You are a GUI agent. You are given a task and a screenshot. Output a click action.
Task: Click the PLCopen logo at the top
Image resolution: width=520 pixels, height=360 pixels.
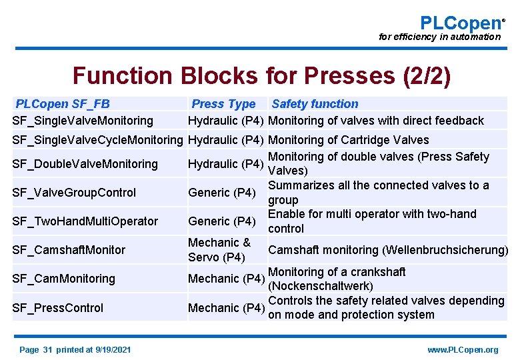[461, 23]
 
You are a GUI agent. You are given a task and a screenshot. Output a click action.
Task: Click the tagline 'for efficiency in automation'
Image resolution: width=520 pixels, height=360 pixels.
[439, 37]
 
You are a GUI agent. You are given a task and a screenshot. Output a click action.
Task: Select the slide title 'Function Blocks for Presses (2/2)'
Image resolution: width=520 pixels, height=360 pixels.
[261, 76]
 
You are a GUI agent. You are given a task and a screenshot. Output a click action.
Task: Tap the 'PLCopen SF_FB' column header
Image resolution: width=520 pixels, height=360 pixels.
[63, 104]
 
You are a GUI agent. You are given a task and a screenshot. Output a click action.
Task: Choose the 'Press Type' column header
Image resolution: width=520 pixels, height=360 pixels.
[223, 104]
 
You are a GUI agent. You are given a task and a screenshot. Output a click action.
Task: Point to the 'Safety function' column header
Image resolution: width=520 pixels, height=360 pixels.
[315, 104]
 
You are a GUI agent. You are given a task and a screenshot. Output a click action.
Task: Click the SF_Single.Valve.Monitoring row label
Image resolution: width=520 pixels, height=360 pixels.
[83, 121]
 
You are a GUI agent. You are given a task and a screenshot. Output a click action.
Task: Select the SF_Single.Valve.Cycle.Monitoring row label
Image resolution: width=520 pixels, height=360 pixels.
[97, 140]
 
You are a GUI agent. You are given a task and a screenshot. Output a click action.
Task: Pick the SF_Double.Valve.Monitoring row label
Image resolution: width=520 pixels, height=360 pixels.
[85, 164]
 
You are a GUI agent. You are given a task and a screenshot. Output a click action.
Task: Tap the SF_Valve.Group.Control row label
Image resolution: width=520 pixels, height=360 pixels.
[74, 193]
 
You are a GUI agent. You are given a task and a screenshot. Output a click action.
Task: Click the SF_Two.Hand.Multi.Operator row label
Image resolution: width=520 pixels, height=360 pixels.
[85, 221]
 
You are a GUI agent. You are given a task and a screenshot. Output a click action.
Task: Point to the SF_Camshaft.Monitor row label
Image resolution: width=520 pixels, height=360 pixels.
[69, 250]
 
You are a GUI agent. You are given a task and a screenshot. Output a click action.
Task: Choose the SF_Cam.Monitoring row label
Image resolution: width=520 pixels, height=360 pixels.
[64, 279]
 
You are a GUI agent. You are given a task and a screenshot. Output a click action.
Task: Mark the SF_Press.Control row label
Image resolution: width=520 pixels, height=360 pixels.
[58, 308]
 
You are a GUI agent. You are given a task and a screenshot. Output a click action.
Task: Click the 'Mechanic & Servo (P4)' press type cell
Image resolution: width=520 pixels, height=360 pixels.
[219, 250]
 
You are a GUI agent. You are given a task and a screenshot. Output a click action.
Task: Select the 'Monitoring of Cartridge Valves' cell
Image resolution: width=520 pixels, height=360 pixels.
[348, 140]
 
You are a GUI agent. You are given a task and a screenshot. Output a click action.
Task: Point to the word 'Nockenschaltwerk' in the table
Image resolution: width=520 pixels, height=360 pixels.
[320, 287]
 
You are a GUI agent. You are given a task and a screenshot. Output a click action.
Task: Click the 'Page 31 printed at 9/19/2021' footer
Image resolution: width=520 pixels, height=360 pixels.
[75, 350]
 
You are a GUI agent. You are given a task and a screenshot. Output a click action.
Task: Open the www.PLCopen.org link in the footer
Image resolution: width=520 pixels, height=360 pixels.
[463, 350]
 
